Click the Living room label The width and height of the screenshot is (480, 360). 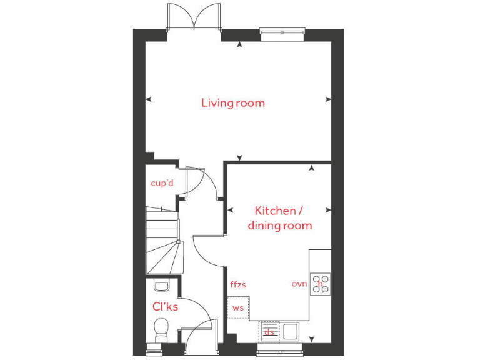coord(232,102)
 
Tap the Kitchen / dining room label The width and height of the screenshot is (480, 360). coord(279,218)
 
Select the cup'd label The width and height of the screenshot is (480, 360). coord(162,183)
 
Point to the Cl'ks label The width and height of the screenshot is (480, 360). coord(166,307)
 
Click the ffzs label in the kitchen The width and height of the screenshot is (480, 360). coord(238,285)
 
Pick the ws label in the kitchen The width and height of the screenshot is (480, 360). coord(237,308)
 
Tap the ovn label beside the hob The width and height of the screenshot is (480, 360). coord(299,284)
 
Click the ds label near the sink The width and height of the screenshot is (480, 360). coord(269,332)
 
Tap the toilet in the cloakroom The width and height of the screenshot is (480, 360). coord(161,328)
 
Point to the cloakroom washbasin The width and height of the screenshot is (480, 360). coord(161,287)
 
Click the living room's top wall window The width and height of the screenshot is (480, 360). coord(282,33)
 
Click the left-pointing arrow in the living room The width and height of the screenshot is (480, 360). coord(149,99)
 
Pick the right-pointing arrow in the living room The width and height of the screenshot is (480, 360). coord(329,99)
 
